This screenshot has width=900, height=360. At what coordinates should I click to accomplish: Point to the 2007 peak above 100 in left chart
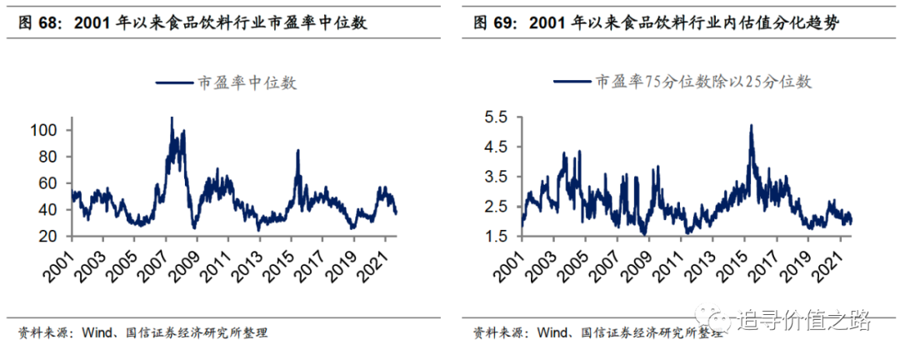(x=172, y=119)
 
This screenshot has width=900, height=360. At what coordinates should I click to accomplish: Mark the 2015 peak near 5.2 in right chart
(x=751, y=126)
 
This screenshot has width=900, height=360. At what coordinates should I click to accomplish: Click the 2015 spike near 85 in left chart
(x=297, y=151)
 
